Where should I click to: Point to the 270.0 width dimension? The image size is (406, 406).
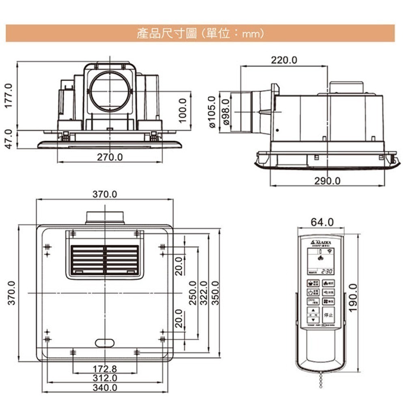[x=110, y=157]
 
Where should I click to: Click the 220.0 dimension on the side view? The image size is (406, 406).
[x=284, y=60]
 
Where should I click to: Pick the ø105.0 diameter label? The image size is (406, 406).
[x=212, y=112]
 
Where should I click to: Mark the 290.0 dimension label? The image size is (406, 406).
[x=328, y=181]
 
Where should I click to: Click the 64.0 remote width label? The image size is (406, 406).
[x=322, y=222]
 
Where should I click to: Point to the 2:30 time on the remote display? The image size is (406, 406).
[x=327, y=272]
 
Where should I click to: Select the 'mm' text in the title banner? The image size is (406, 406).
[x=250, y=34]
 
